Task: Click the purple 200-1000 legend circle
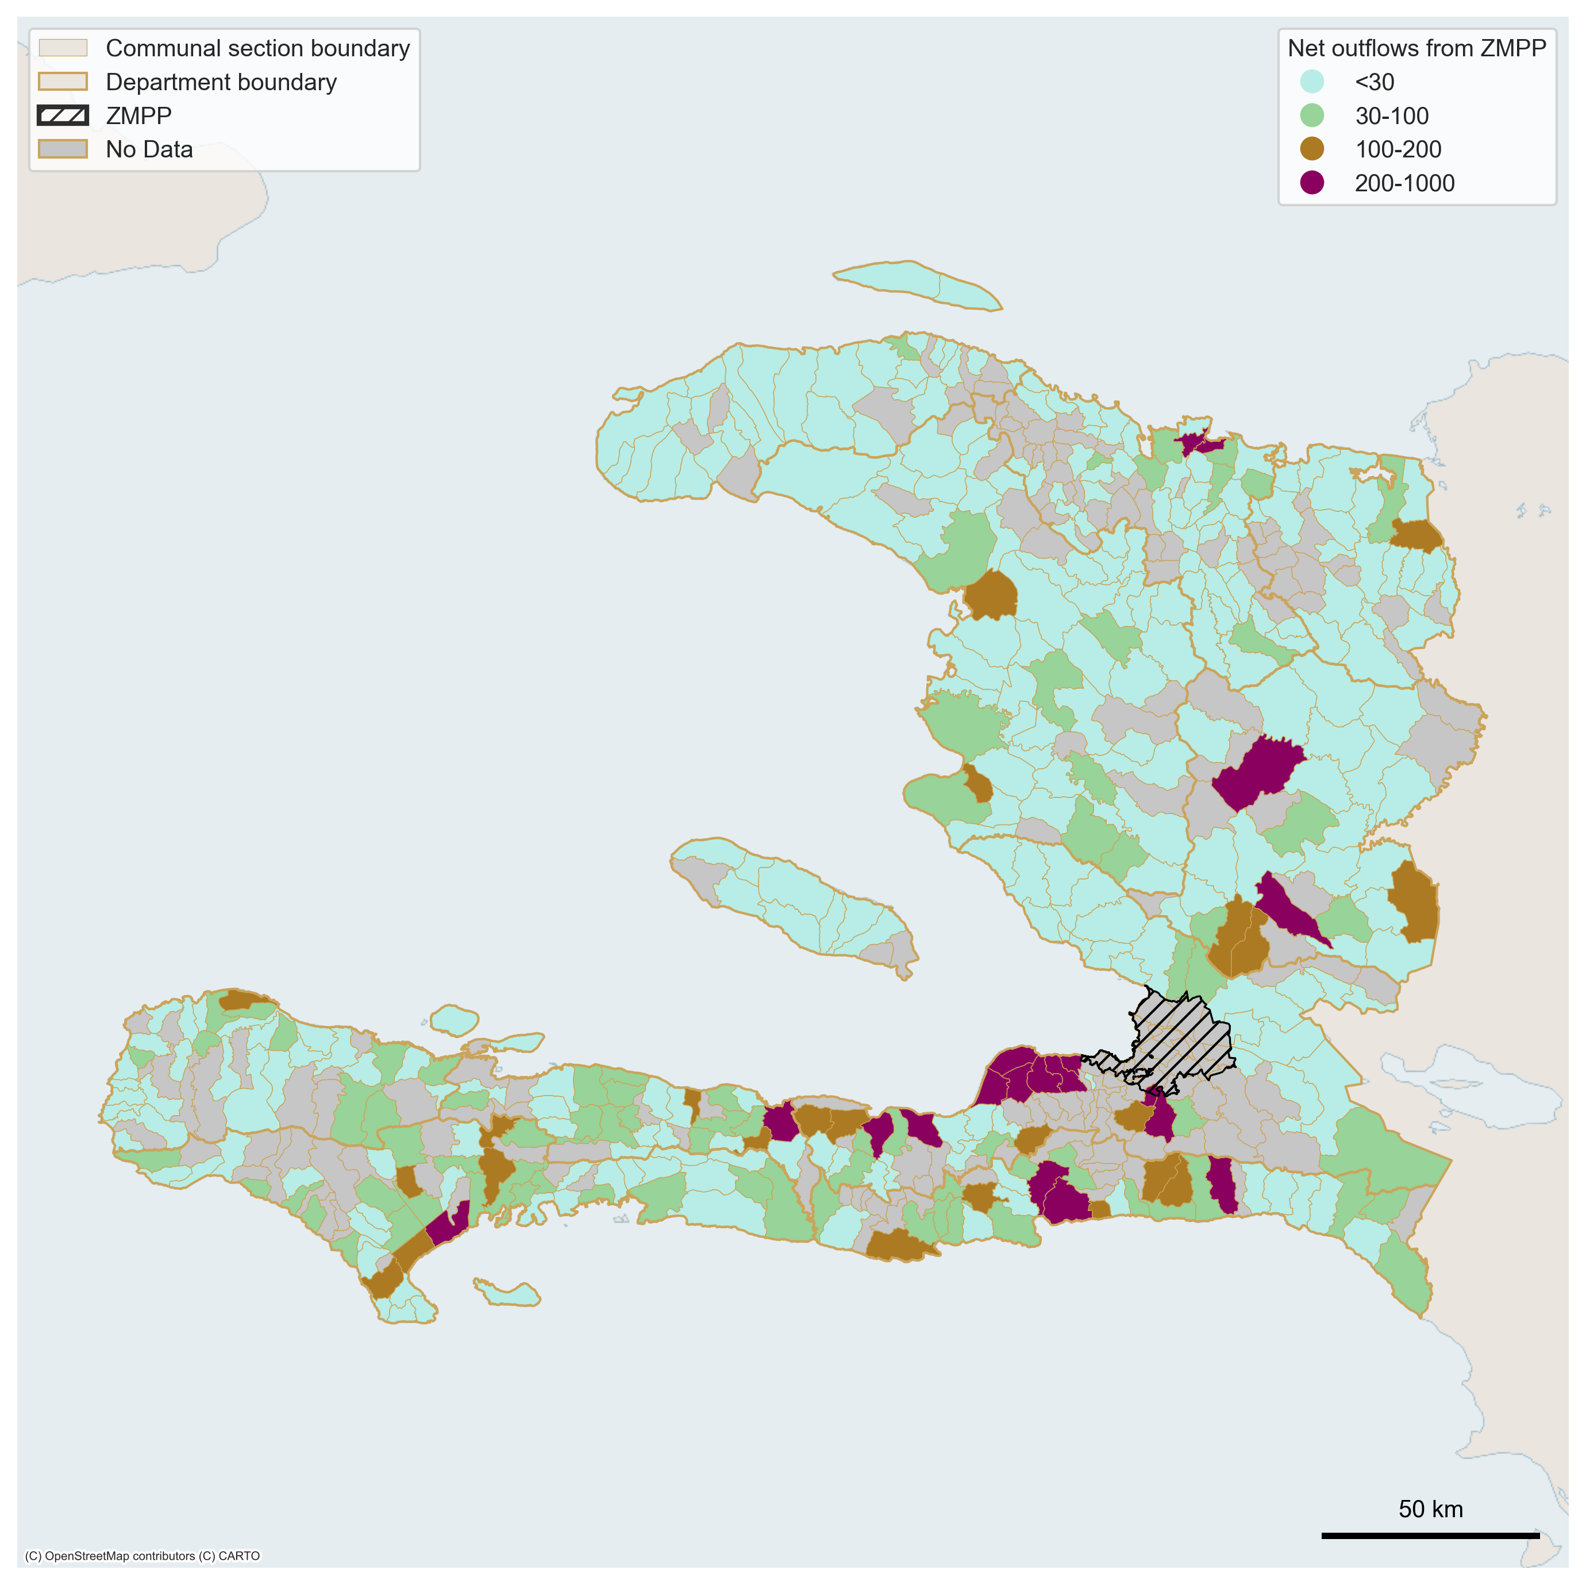pos(1312,182)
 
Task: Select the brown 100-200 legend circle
pos(1312,149)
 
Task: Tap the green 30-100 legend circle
pos(1312,115)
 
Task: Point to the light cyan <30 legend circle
pos(1312,81)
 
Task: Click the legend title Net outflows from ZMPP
pos(1416,48)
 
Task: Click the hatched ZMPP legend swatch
pos(63,115)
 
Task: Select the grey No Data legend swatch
pos(63,149)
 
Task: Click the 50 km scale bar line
pos(1430,1535)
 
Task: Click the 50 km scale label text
pos(1430,1509)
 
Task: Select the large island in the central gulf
pos(796,903)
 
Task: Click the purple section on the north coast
pos(1200,444)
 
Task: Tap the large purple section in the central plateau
pos(1256,772)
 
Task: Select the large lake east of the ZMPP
pos(1469,1087)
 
